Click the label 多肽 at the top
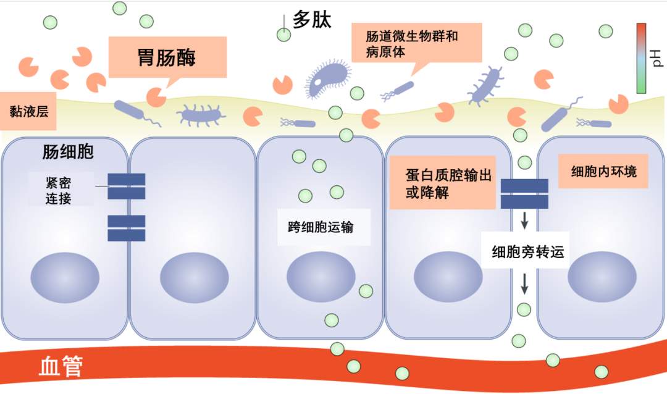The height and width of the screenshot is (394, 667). pos(312,20)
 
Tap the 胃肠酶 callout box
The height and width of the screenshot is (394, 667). pos(167,57)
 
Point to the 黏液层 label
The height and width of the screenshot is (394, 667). pos(28,112)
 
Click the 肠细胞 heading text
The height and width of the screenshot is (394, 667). pos(68,152)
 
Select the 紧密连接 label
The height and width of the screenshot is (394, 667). pos(59,190)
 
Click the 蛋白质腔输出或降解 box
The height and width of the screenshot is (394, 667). pos(442,183)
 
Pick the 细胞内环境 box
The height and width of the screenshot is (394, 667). pos(603,171)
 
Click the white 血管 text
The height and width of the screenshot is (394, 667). pos(61,367)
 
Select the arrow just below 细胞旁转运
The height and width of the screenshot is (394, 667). pos(525,283)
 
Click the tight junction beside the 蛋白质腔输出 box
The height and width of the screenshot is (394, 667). pos(524,193)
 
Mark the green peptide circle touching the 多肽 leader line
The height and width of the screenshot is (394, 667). pos(283,35)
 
